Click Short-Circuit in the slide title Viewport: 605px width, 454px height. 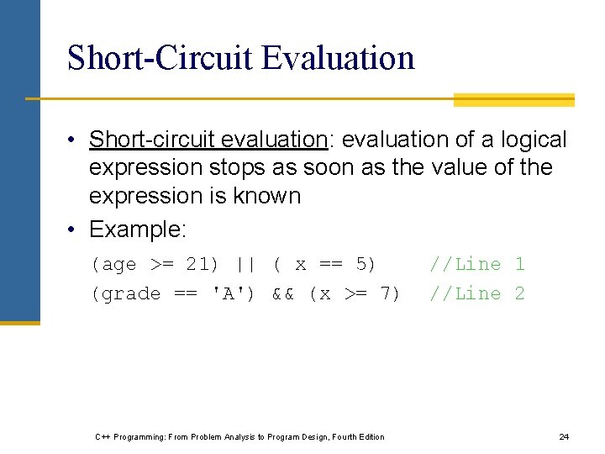coord(160,58)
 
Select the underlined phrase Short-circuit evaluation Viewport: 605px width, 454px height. coord(208,140)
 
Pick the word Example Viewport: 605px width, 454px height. coord(135,229)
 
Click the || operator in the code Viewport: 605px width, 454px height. coord(245,264)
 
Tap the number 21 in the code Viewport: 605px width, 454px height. coord(197,264)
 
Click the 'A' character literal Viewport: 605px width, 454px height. coord(234,293)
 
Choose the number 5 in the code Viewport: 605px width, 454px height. coord(363,264)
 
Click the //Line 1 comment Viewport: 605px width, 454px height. coord(476,264)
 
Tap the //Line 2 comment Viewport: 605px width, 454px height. coord(476,293)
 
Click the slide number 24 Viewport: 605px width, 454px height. coord(564,436)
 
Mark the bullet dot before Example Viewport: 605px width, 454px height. coord(75,230)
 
